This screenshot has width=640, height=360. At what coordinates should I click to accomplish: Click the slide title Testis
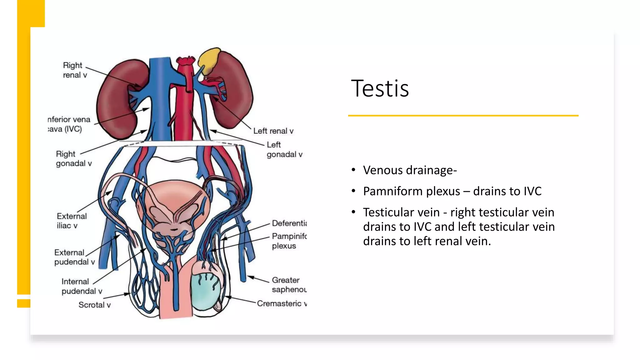click(x=380, y=88)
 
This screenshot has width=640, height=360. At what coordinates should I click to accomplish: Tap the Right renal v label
click(x=74, y=70)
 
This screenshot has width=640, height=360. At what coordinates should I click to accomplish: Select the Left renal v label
click(x=273, y=131)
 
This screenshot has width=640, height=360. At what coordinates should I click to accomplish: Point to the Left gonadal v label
click(x=284, y=149)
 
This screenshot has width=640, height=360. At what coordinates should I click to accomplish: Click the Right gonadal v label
click(x=73, y=159)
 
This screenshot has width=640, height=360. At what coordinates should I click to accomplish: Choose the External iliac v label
click(x=72, y=221)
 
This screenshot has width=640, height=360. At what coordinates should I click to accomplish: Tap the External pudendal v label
click(x=74, y=257)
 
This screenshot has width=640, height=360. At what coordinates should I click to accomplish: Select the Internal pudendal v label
click(x=82, y=286)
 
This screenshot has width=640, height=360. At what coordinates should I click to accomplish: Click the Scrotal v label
click(x=94, y=305)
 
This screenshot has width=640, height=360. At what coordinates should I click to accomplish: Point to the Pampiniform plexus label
click(x=288, y=241)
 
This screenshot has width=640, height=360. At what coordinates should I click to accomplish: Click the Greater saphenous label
click(x=288, y=285)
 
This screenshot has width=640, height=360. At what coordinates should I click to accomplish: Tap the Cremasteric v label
click(x=281, y=303)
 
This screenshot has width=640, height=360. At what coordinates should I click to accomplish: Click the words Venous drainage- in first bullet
click(x=410, y=170)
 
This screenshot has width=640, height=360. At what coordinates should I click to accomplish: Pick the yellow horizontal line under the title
click(x=463, y=116)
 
